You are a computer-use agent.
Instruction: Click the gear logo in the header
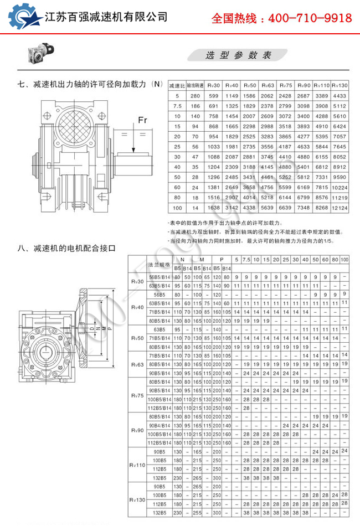pos(21,17)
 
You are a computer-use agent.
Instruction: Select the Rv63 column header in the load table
pos(268,86)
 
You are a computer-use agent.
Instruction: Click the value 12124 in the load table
pos(340,208)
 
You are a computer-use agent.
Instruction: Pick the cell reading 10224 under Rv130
pos(340,188)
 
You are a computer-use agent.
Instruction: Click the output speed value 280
pos(195,96)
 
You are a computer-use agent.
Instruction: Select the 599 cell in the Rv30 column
pos(214,96)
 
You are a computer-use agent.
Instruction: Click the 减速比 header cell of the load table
pos(177,86)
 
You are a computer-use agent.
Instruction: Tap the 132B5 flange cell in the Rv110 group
pos(160,477)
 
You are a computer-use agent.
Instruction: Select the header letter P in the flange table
pos(221,259)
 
